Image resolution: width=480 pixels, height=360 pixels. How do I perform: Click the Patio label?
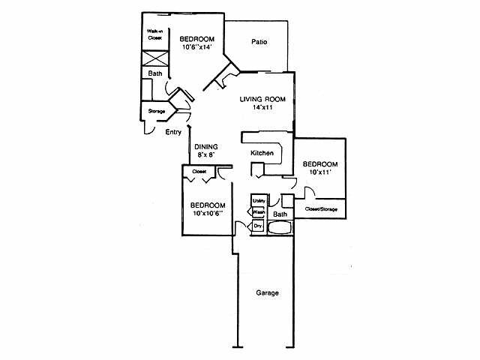click(260, 43)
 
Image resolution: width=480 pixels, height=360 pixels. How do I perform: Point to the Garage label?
click(267, 293)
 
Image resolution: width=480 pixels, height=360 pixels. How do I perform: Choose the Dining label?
click(205, 147)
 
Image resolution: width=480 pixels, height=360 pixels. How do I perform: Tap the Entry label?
click(174, 132)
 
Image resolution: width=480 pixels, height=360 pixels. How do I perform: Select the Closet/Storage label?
click(320, 208)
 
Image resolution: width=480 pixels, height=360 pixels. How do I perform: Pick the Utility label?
click(259, 201)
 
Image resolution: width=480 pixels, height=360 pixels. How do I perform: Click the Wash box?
click(259, 213)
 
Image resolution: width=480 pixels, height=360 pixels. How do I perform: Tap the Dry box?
click(258, 225)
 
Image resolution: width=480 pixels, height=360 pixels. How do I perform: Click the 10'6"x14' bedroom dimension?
click(197, 47)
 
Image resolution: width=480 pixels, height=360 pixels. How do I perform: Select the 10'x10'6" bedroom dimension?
click(208, 214)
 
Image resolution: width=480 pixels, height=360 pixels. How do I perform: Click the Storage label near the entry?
click(156, 111)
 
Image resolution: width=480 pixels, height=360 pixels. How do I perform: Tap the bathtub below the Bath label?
click(280, 226)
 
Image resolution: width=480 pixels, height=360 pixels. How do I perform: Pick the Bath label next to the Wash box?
click(280, 214)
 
